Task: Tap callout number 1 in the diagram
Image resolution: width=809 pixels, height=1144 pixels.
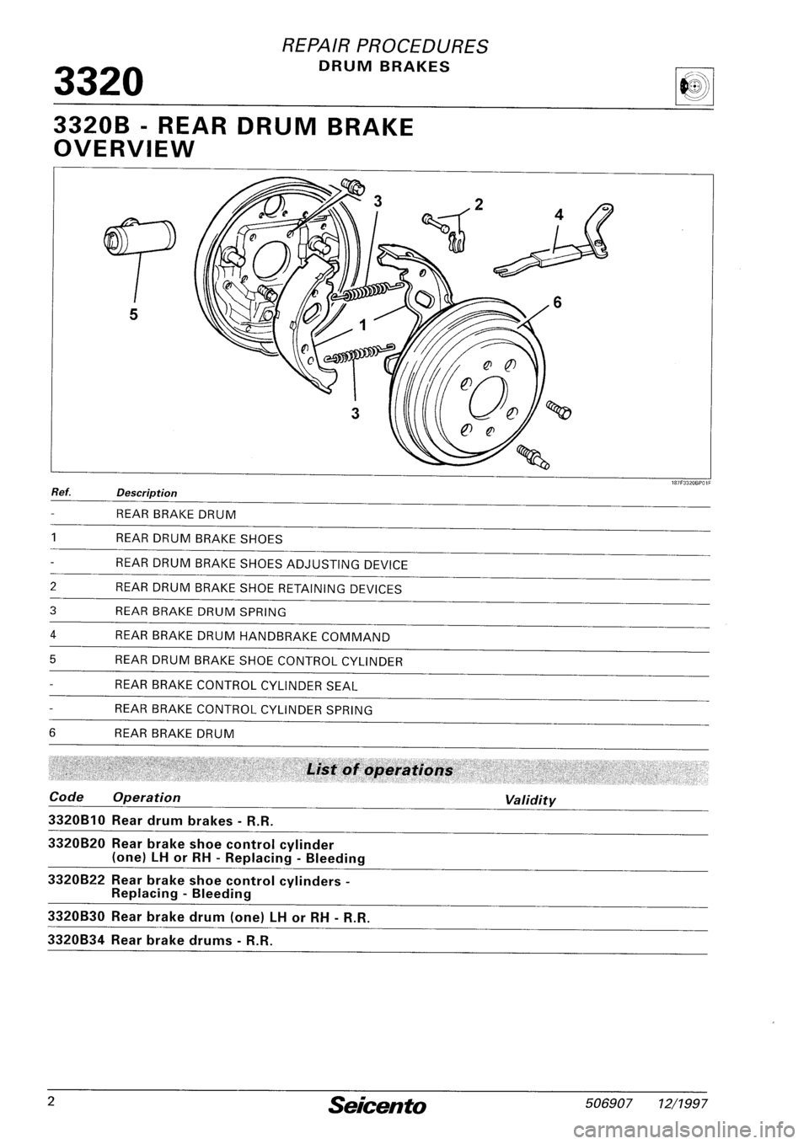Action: (x=364, y=325)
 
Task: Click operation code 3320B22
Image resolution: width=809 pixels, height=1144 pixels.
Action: (x=77, y=880)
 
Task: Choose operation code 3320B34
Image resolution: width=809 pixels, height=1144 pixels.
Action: (x=77, y=939)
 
